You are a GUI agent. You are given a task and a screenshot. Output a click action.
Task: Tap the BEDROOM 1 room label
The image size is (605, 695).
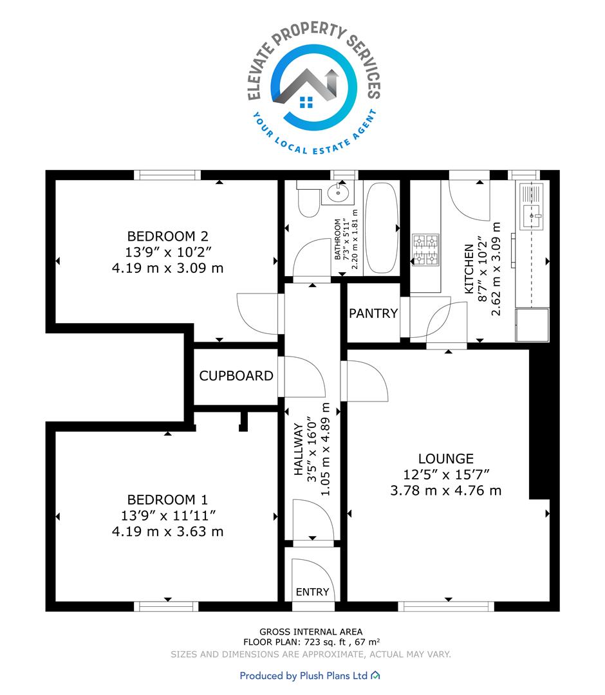(167, 499)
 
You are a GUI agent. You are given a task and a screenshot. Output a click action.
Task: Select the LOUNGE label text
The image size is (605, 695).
(446, 459)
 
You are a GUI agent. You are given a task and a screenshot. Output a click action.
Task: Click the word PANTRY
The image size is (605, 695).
(373, 313)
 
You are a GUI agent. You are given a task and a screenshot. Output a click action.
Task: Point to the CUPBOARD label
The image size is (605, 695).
(236, 376)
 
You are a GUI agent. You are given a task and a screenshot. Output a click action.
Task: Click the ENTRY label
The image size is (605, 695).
(312, 592)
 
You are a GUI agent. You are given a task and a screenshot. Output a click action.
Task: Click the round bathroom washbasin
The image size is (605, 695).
(338, 192)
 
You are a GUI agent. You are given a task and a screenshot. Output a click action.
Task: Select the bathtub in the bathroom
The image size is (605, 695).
(382, 228)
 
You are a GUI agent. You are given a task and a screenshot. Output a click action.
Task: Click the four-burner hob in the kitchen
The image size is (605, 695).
(425, 250)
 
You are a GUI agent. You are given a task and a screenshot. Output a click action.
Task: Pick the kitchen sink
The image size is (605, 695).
(532, 206)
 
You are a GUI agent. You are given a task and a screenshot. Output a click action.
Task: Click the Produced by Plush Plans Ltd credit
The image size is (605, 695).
(310, 676)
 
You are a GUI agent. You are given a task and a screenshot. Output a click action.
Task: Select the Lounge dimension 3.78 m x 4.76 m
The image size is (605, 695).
(446, 490)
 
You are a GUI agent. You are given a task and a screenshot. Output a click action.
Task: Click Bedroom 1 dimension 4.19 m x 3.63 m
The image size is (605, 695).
(167, 532)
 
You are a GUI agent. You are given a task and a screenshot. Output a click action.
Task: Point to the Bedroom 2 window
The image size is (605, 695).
(167, 175)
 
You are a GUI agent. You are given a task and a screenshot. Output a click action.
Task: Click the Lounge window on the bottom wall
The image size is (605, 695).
(446, 606)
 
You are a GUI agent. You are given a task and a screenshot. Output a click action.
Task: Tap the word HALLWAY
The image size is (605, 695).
(299, 449)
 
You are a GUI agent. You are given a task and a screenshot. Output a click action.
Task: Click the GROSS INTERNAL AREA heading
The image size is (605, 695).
(311, 632)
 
